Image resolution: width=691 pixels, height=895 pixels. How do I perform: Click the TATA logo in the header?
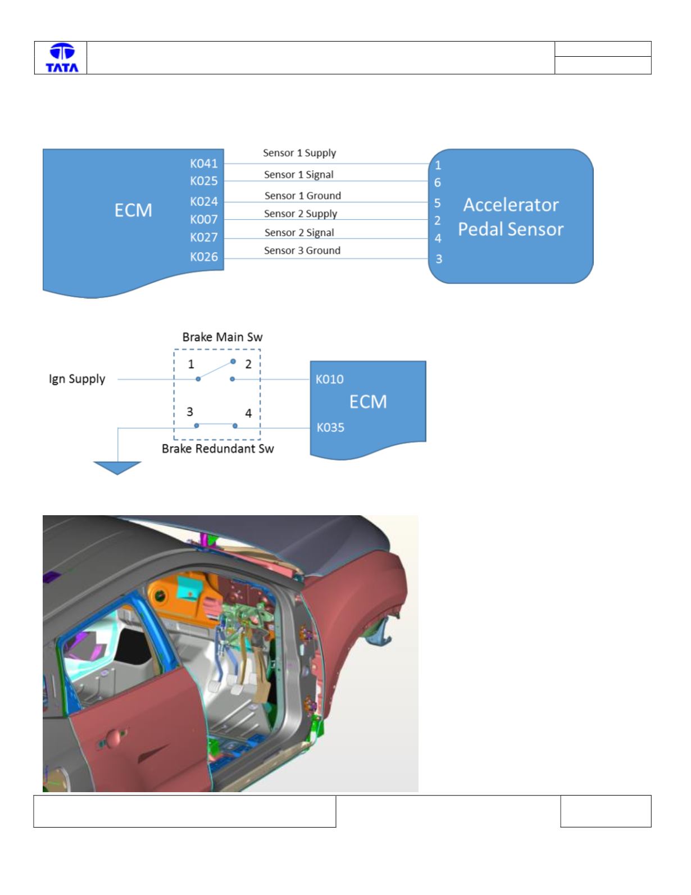[62, 58]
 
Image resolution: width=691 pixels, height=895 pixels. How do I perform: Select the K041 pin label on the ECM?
[203, 163]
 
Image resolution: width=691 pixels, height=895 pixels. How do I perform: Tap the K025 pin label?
[203, 181]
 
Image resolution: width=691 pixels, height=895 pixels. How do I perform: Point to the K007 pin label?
[203, 219]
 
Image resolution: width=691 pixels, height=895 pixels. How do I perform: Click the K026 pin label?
[203, 257]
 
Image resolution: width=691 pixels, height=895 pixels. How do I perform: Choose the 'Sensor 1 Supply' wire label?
[299, 153]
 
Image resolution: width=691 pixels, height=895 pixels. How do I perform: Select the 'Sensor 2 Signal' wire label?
[299, 233]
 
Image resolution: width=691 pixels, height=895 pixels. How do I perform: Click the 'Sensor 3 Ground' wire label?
[302, 251]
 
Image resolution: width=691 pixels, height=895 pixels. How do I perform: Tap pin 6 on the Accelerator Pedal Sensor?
[437, 183]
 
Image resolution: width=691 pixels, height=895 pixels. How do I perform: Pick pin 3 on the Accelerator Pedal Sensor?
[439, 258]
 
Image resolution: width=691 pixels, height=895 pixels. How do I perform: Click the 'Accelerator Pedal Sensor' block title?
[511, 217]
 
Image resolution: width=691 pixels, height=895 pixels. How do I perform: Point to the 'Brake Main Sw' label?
[222, 337]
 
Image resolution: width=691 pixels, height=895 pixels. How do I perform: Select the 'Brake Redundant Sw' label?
[217, 448]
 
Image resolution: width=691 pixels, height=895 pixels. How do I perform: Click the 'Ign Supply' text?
[77, 379]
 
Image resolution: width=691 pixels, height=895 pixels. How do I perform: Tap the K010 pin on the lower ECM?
[329, 379]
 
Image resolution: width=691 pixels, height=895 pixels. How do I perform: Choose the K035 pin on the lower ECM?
[330, 428]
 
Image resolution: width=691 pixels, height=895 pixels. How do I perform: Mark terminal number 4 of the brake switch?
[248, 413]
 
